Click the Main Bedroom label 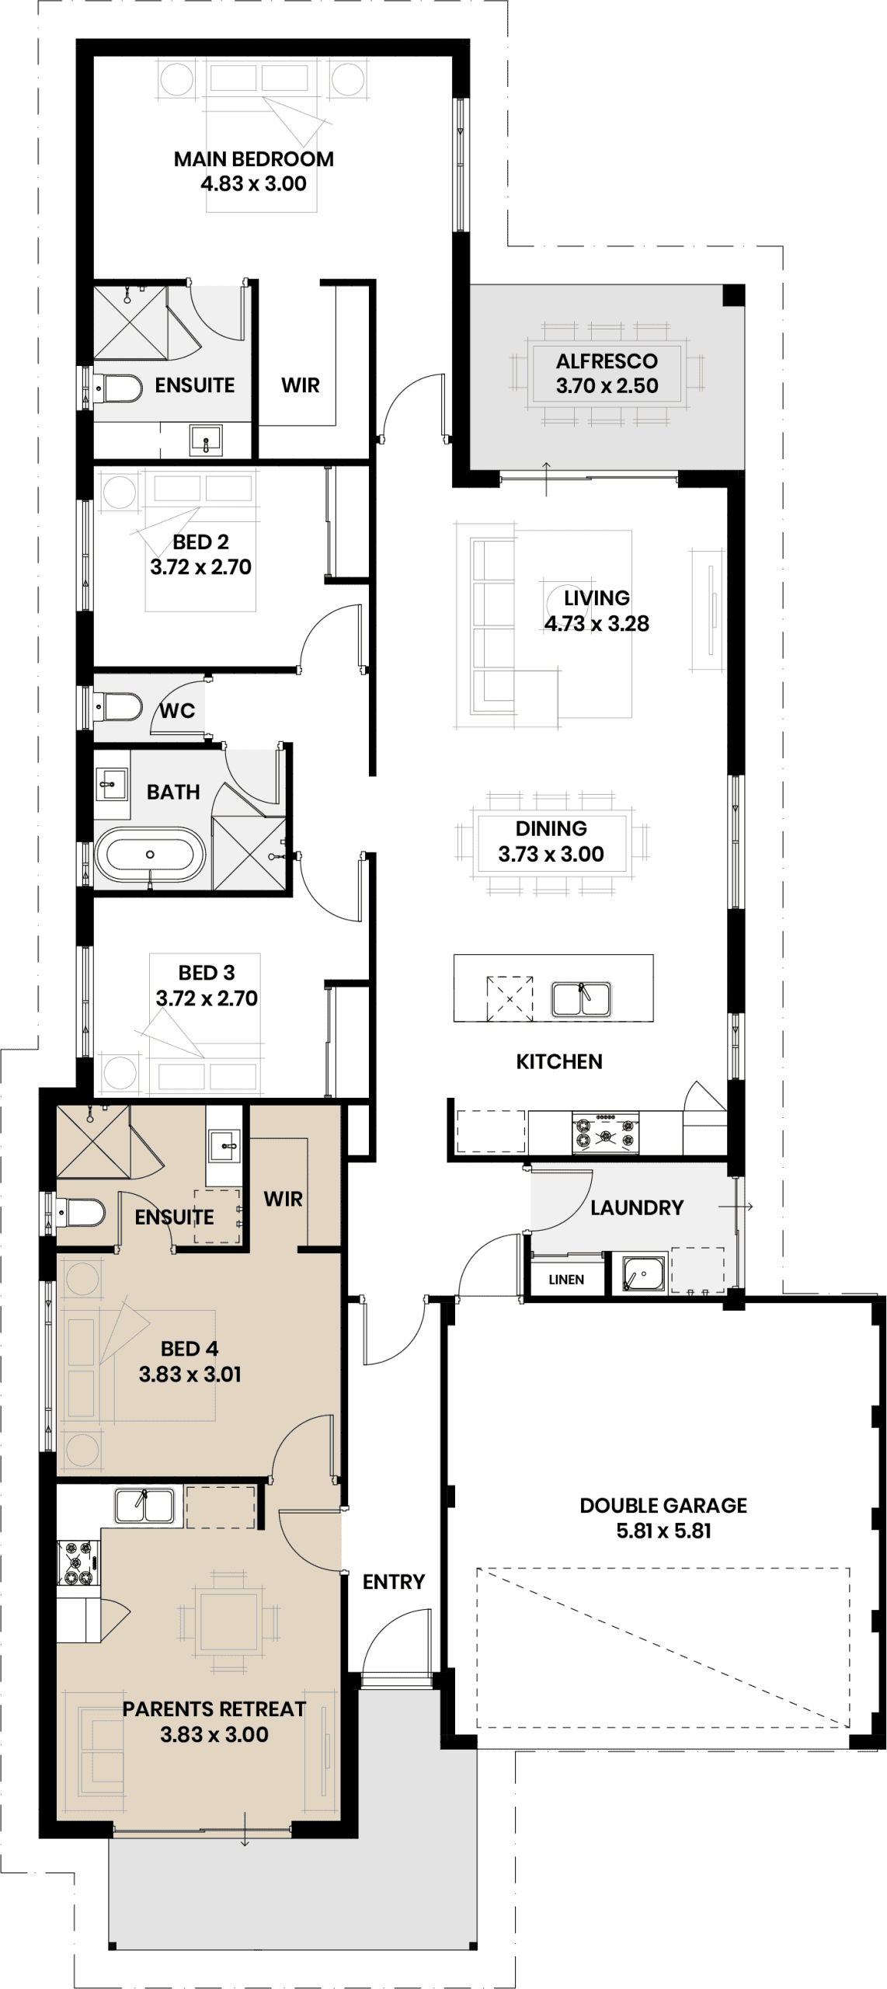pos(253,159)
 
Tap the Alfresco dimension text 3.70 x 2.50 pos(607,386)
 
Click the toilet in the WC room pos(117,708)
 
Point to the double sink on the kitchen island pos(582,998)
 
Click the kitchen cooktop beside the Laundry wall pos(606,1133)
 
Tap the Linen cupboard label pos(565,1280)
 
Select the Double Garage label pos(663,1505)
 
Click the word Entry pos(394,1581)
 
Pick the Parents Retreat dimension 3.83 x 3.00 pos(214,1734)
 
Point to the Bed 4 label pos(190,1348)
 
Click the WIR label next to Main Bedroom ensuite pos(301,385)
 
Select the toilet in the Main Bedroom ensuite pos(117,388)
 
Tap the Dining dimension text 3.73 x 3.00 pos(551,854)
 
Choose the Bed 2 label pos(201,542)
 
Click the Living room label pos(597,598)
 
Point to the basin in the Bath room pos(113,784)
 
